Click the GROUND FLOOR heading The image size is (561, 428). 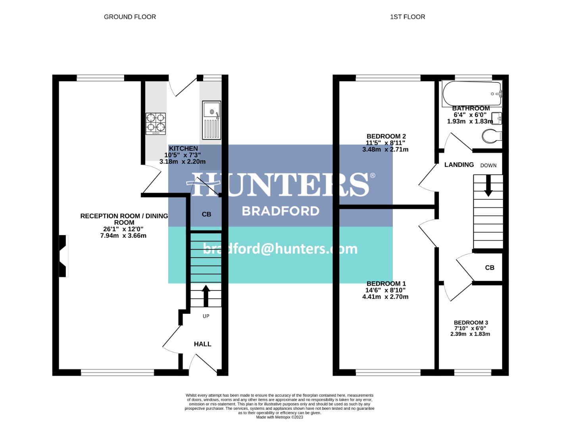pyautogui.click(x=130, y=17)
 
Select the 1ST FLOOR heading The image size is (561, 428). pyautogui.click(x=407, y=17)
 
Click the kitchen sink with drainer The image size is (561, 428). pyautogui.click(x=211, y=120)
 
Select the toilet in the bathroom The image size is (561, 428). pyautogui.click(x=492, y=136)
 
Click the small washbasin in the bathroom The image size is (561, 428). pyautogui.click(x=497, y=118)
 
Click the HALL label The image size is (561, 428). pyautogui.click(x=202, y=344)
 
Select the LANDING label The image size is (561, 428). pyautogui.click(x=459, y=165)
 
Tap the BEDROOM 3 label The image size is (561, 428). pyautogui.click(x=471, y=323)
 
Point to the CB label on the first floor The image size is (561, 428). pyautogui.click(x=490, y=268)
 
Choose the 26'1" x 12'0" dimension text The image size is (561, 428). pyautogui.click(x=123, y=229)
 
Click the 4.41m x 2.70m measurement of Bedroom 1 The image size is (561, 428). pyautogui.click(x=385, y=297)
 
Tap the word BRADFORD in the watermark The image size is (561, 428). pyautogui.click(x=280, y=210)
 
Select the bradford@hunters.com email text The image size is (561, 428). pyautogui.click(x=280, y=248)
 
